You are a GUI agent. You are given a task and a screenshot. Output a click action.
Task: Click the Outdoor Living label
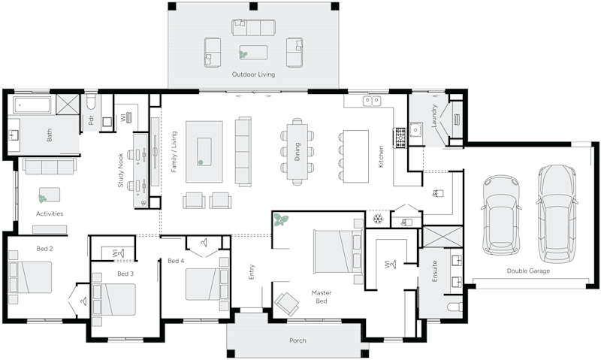click(x=253, y=75)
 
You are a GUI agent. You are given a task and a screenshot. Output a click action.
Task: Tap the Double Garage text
click(x=528, y=271)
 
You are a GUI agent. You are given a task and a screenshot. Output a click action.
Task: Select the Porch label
click(x=298, y=340)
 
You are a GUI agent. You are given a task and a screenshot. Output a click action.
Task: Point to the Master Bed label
click(x=322, y=296)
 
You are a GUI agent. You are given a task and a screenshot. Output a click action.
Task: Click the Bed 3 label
click(x=126, y=274)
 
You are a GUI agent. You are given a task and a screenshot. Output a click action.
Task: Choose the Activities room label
click(x=50, y=213)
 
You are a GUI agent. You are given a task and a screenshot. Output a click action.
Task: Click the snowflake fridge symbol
click(x=379, y=220)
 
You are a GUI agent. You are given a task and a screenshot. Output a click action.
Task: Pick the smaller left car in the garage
click(x=498, y=214)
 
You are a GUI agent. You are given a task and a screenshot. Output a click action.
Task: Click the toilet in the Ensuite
click(x=455, y=308)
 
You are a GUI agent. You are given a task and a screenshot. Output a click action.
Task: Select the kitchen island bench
click(x=355, y=156)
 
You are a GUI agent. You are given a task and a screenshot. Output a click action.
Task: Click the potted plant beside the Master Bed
click(x=282, y=220)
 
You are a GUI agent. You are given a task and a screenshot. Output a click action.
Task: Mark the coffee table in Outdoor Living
click(x=252, y=53)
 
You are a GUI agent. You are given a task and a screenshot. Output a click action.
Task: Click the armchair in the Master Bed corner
click(x=286, y=303)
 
